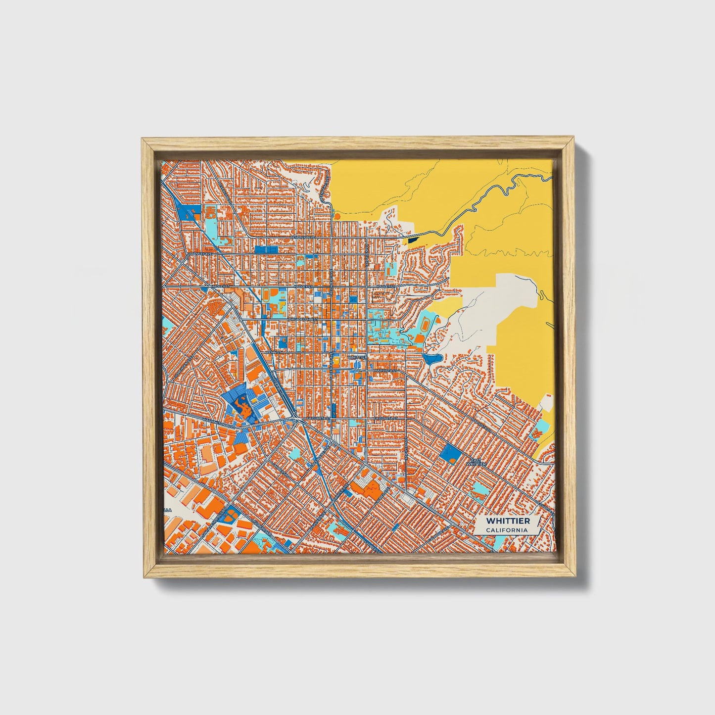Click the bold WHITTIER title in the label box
tap(508, 521)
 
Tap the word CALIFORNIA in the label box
tap(507, 530)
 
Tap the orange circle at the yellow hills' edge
tap(337, 216)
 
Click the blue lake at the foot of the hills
tap(431, 357)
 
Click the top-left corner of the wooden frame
tap(143, 140)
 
